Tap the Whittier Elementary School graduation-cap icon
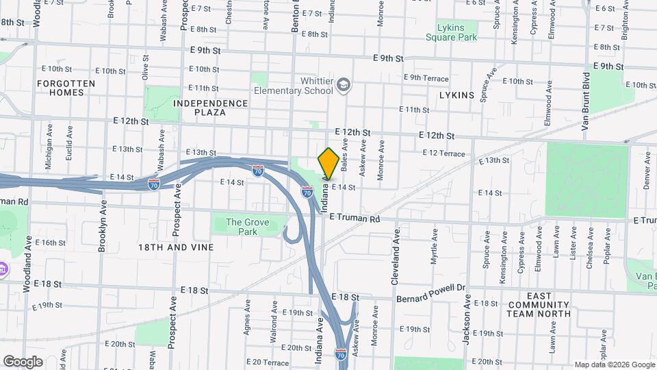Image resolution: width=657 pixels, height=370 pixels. (344, 86)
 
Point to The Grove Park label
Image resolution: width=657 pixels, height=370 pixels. (247, 227)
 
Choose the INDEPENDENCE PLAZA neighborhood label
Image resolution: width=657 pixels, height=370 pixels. (210, 108)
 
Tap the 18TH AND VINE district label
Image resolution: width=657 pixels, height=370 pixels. (176, 247)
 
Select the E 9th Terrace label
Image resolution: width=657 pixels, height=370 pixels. (426, 78)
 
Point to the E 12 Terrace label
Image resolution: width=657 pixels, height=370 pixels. (443, 153)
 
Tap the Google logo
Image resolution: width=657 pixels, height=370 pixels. (23, 361)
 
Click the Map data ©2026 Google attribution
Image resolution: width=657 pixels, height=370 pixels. (615, 365)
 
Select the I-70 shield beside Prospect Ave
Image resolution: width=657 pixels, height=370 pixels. (155, 184)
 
